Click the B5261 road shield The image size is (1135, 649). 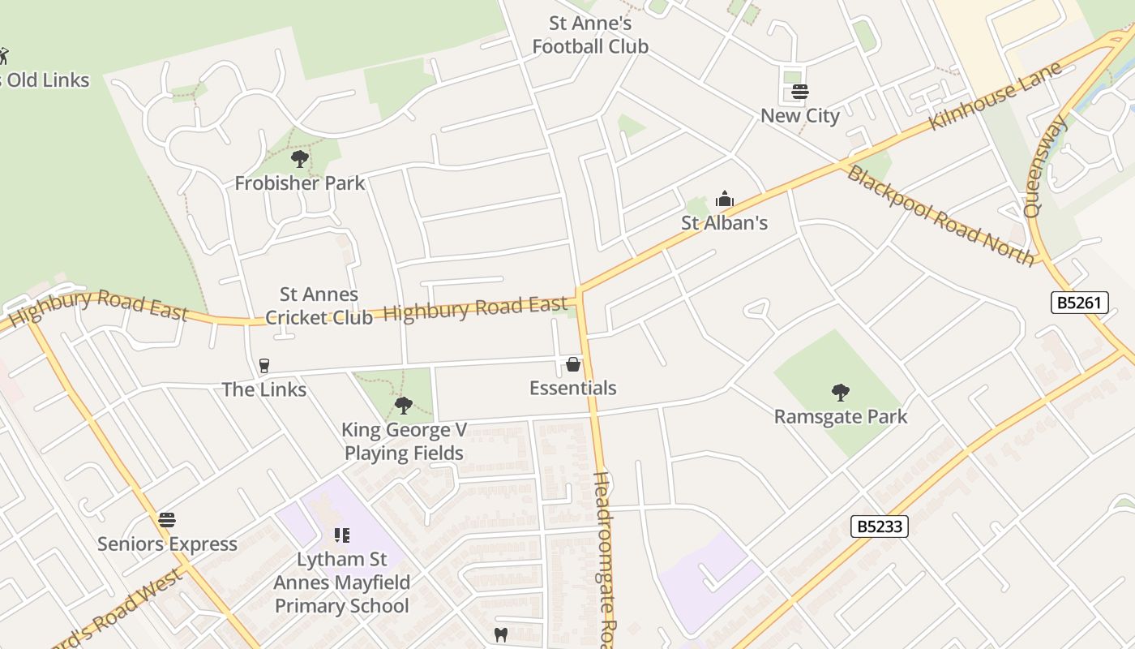[x=1079, y=303]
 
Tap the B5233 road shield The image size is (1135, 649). [x=879, y=527]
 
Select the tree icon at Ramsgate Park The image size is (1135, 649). [x=841, y=393]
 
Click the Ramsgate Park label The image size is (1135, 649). [x=841, y=417]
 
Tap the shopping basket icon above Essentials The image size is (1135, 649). [x=573, y=364]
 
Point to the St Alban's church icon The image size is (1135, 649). [x=724, y=199]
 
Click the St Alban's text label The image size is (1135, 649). [x=724, y=223]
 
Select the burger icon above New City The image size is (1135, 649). [x=800, y=92]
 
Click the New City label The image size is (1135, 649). [x=800, y=116]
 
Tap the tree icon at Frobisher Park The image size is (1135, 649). [x=300, y=158]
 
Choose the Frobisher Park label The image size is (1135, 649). [x=300, y=183]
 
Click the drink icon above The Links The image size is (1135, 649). [x=263, y=366]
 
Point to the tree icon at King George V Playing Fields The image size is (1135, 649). [x=403, y=405]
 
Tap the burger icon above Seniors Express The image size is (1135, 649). [x=167, y=519]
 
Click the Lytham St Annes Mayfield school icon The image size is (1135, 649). [x=341, y=535]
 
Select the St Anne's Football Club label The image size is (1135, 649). [x=590, y=35]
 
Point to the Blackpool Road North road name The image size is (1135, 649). [x=940, y=216]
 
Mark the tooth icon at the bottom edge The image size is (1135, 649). [x=500, y=634]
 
